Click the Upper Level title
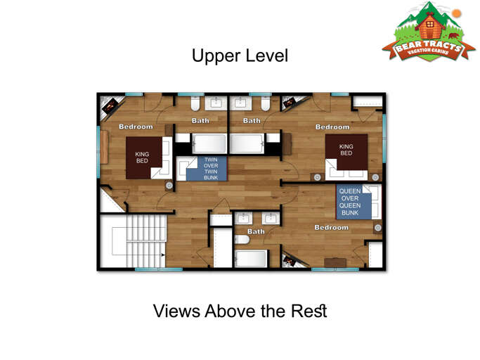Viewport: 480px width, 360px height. (240, 56)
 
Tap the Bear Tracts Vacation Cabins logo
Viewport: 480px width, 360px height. (429, 32)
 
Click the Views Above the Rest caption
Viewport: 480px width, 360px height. (240, 311)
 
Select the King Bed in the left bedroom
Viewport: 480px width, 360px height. (144, 157)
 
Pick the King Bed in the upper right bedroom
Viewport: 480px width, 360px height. (346, 152)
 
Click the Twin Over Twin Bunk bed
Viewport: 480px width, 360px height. (207, 169)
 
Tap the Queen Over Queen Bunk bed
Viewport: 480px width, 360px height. (354, 202)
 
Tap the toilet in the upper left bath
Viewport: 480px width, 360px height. (195, 103)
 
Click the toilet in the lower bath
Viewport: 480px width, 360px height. (242, 239)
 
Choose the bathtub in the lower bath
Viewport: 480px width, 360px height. (251, 259)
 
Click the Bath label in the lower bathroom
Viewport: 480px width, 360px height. (256, 231)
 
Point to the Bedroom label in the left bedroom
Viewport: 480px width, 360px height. (136, 127)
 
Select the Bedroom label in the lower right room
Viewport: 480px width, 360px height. (332, 228)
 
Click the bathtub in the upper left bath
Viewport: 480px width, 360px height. (209, 143)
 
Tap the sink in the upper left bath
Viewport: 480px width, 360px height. (216, 103)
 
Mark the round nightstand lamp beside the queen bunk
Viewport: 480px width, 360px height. (378, 227)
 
